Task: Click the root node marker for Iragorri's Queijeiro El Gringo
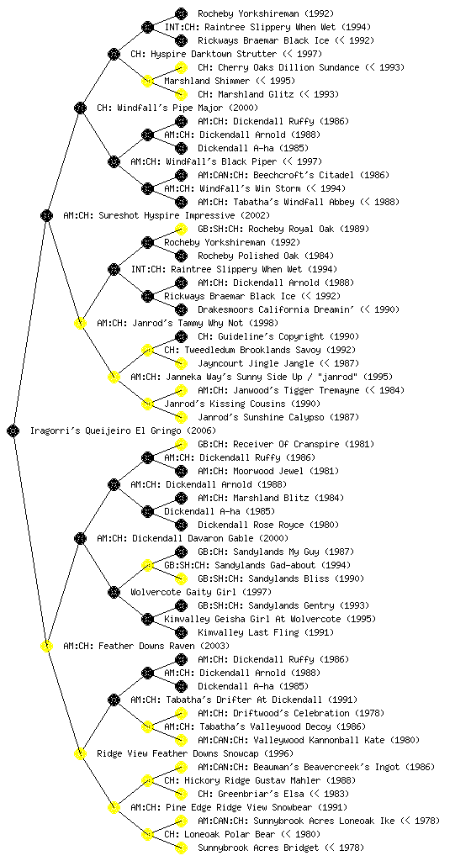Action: tap(13, 430)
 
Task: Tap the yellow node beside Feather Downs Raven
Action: tap(47, 646)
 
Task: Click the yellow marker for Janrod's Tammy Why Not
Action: tap(81, 323)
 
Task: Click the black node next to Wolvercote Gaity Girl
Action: tap(114, 592)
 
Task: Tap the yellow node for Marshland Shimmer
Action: tap(148, 81)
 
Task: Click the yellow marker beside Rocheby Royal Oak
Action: tap(181, 229)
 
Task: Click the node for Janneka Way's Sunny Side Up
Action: tap(114, 377)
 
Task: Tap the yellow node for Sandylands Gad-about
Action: tap(148, 565)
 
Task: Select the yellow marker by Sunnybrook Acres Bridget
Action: tap(181, 848)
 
